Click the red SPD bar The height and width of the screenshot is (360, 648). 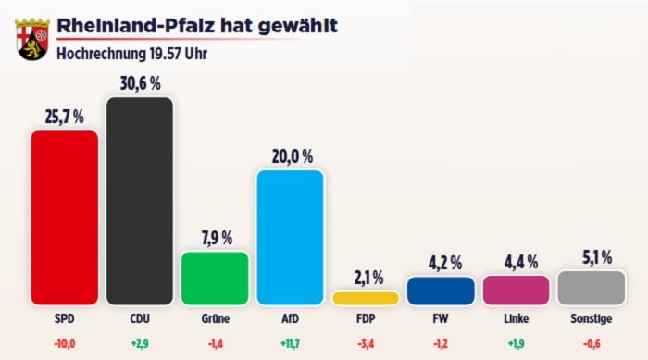[64, 217]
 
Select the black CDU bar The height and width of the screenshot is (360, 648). [140, 201]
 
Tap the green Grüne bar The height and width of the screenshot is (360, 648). [215, 279]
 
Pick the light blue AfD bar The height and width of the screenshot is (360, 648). [290, 238]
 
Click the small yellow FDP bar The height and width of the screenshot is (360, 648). [366, 298]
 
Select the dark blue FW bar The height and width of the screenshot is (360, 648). [441, 291]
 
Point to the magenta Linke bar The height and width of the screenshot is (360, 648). [516, 290]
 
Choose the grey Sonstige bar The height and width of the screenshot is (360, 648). [591, 288]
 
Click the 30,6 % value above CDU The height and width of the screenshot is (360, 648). [140, 83]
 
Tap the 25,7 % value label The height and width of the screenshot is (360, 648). [64, 117]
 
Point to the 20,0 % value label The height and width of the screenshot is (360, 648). [290, 156]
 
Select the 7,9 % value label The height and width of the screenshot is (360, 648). [215, 238]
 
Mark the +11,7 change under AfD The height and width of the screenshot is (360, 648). [290, 342]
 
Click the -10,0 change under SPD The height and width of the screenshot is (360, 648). [64, 342]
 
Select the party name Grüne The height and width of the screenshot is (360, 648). [215, 321]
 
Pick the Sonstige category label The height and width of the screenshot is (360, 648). [591, 321]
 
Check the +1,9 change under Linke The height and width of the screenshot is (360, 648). [516, 342]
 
